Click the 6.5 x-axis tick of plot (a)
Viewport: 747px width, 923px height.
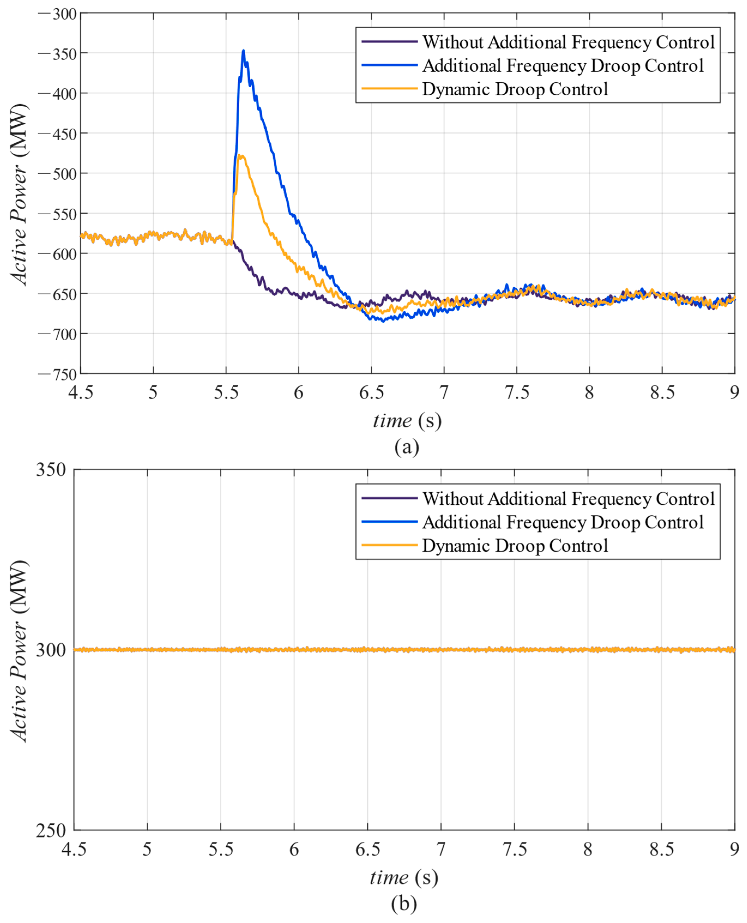[371, 392]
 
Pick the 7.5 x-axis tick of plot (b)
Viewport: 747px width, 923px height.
[515, 849]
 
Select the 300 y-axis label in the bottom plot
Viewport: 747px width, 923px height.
[51, 650]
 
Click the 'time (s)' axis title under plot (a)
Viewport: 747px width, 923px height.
[407, 420]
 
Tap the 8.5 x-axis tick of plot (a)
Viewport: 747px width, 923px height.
[662, 392]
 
